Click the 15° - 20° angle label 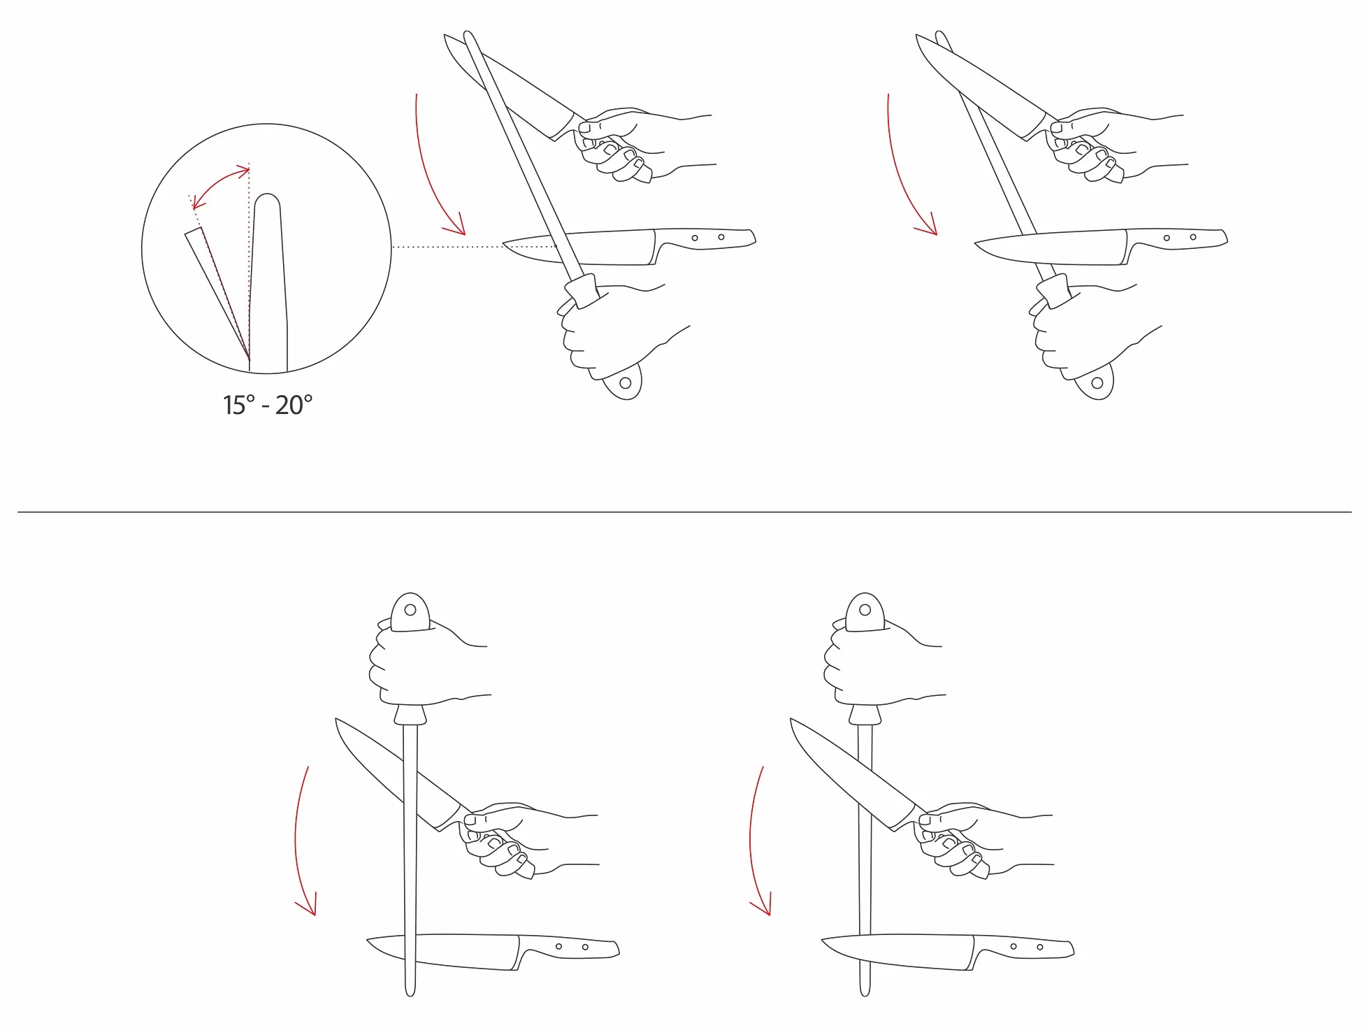tap(268, 405)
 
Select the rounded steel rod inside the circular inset tap(268, 283)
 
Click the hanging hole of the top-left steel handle tap(626, 383)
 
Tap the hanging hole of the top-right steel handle tap(1097, 383)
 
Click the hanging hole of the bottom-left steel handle tap(410, 610)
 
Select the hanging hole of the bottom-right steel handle tap(865, 610)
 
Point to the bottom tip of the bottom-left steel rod tap(410, 994)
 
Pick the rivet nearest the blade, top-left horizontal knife tap(695, 238)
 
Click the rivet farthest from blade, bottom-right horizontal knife tap(1040, 947)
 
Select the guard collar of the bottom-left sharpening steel tap(410, 715)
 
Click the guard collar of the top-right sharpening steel tap(1055, 290)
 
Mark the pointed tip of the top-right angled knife tap(916, 36)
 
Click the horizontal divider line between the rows tap(684, 512)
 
